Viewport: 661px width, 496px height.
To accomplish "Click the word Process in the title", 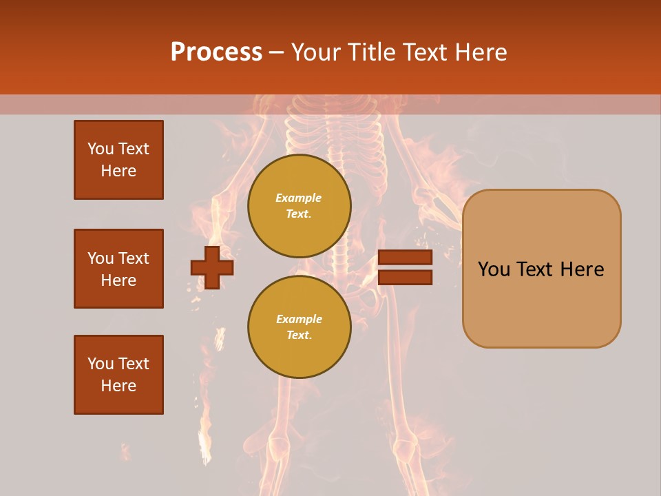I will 216,52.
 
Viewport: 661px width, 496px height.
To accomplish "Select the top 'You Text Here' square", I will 118,160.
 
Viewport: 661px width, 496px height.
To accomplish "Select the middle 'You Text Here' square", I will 118,269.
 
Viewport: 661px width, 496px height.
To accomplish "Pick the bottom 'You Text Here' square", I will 118,375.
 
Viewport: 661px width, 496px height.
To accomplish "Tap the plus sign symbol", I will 212,267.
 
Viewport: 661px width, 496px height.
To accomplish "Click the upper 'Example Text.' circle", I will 299,205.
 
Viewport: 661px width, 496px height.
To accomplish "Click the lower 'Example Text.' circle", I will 299,327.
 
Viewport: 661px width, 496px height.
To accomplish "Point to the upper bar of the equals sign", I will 405,258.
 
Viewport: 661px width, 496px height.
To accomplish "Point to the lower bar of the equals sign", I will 405,277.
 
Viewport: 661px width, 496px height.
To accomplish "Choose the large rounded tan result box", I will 541,303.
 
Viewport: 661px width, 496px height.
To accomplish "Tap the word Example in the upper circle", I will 298,198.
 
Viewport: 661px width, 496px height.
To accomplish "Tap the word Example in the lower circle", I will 298,319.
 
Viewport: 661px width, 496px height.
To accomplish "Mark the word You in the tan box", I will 494,269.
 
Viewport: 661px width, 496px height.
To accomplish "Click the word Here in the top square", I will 118,171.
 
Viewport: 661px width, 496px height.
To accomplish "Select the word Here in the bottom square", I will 118,386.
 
